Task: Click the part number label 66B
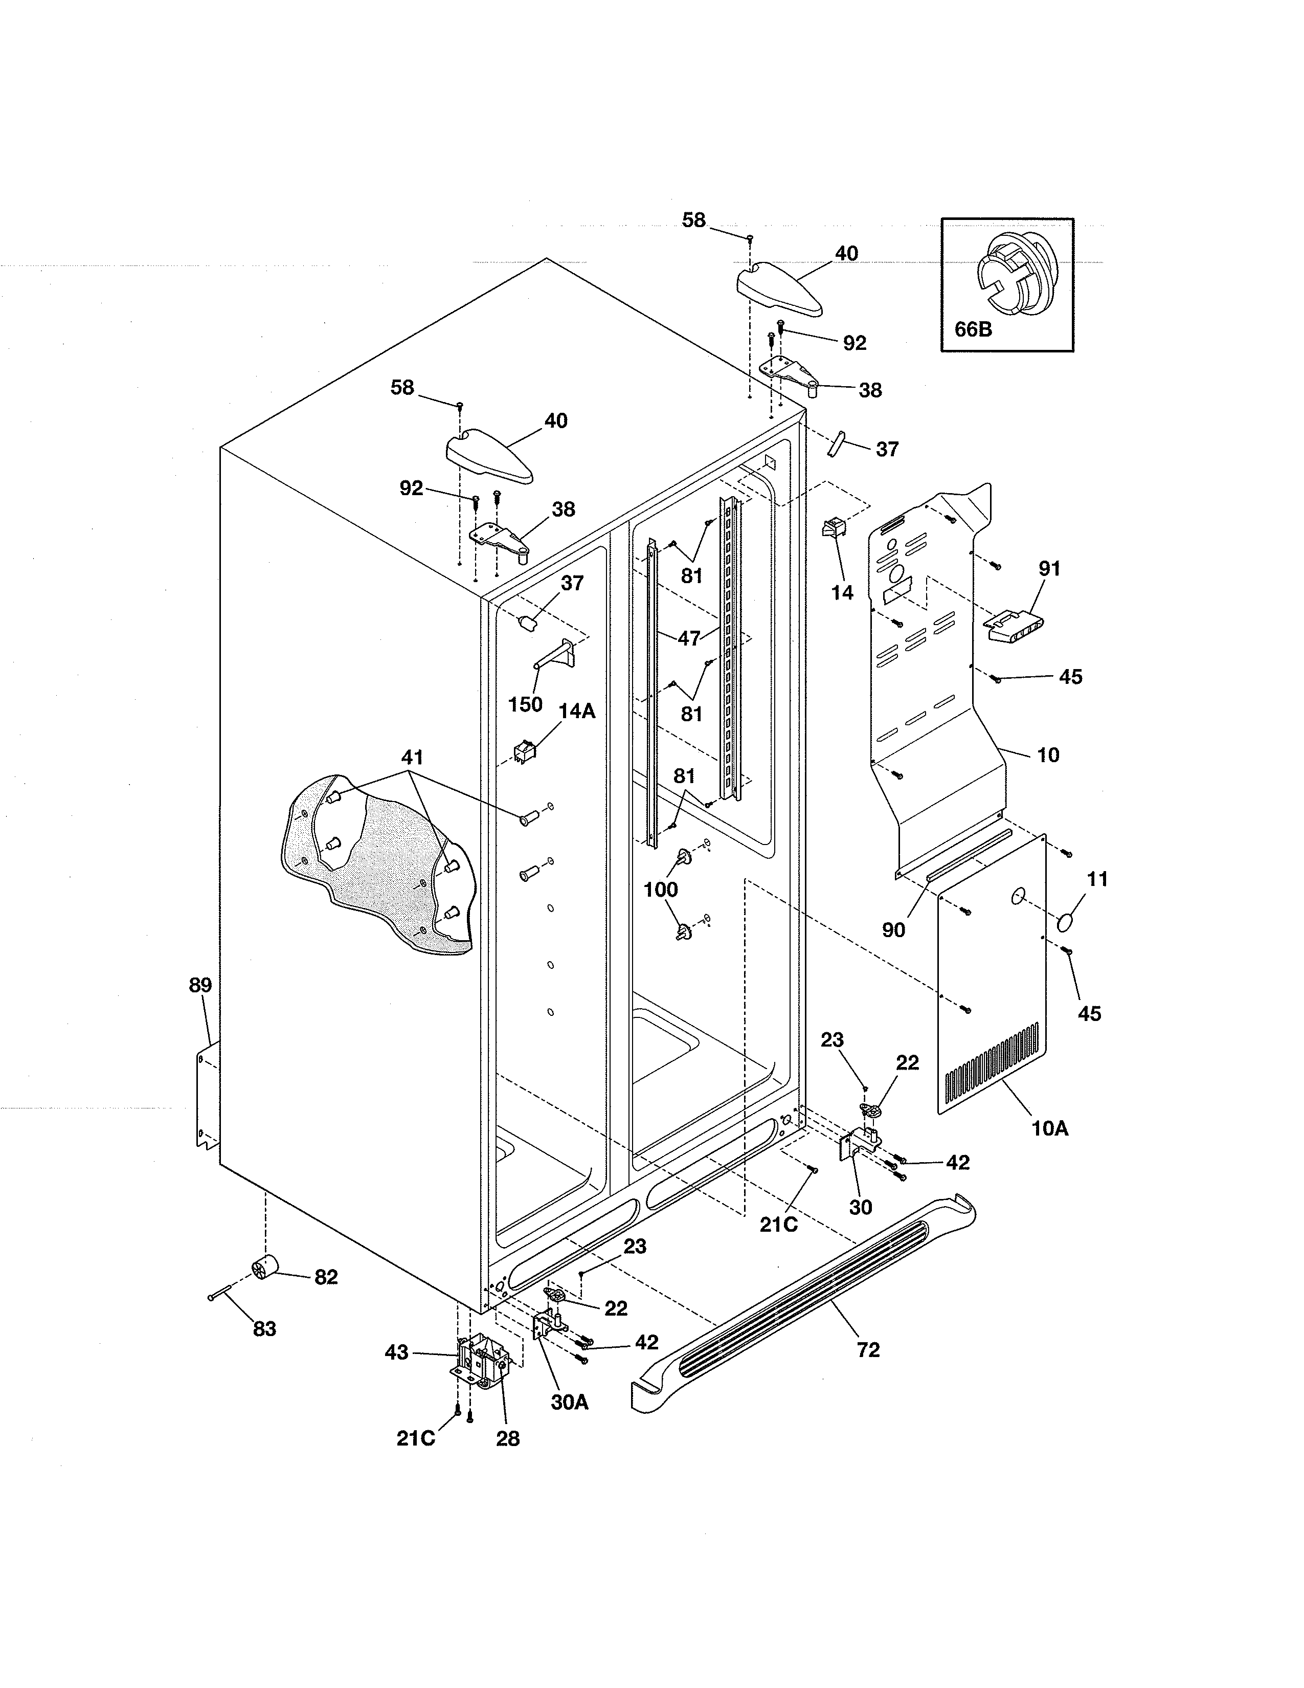pos(973,329)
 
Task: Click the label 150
pos(525,704)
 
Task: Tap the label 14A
pos(576,711)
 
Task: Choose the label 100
pos(661,890)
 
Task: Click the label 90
pos(893,930)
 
